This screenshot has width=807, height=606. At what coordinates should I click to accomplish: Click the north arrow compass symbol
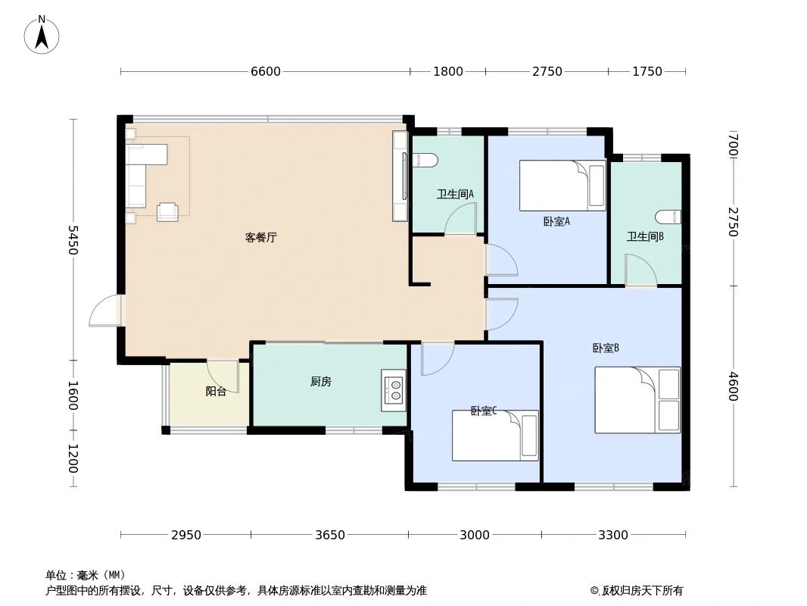42,34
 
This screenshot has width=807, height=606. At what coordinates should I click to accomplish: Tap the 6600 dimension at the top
265,72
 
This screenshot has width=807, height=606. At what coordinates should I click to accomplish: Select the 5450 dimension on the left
73,239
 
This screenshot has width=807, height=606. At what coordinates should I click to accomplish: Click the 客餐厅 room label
260,237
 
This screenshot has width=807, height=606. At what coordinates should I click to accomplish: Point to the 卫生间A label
455,194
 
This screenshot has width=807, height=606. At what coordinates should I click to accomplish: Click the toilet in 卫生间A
426,159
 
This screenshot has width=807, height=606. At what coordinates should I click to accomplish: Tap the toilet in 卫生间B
668,217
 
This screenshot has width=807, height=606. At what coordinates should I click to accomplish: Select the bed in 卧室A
562,185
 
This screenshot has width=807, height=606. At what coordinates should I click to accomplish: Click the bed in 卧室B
637,400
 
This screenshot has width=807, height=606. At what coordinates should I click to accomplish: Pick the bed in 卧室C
495,436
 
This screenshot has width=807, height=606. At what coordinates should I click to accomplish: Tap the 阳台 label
216,392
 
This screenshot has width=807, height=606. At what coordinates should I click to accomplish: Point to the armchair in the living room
167,211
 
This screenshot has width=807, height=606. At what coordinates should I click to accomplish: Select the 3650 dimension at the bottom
330,535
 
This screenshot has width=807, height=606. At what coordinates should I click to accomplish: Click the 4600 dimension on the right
732,386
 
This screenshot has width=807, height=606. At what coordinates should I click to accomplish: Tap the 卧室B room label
606,348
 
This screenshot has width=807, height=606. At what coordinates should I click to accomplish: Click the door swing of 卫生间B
640,270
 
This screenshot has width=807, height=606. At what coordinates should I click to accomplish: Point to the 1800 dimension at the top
447,72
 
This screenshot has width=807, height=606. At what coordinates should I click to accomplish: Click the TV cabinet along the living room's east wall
400,176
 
